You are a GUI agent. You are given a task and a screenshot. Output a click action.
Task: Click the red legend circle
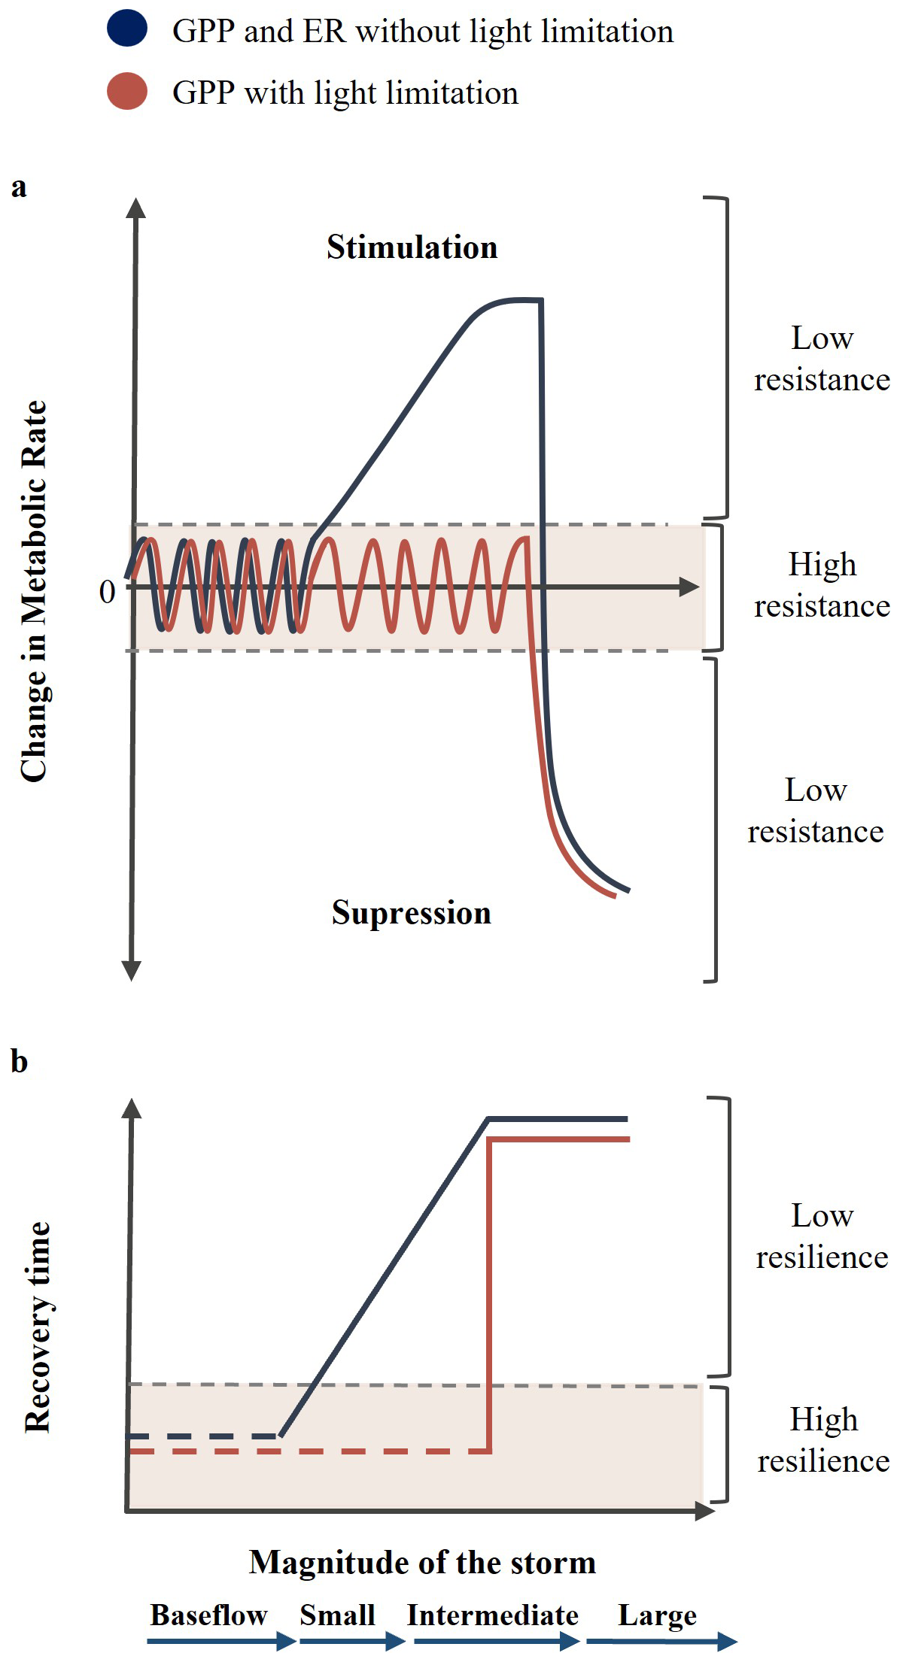click(127, 91)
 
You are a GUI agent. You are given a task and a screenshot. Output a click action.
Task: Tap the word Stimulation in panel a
click(412, 247)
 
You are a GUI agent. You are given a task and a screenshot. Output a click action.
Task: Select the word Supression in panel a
click(411, 912)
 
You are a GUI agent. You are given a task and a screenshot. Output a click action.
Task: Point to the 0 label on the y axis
click(108, 592)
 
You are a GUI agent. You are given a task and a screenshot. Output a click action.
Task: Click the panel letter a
click(19, 187)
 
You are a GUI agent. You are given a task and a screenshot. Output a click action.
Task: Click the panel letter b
click(20, 1061)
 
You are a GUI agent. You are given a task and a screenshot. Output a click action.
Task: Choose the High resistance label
click(822, 585)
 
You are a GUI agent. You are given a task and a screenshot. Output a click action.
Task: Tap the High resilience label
click(822, 1440)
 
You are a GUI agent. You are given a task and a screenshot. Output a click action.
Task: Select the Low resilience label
click(822, 1236)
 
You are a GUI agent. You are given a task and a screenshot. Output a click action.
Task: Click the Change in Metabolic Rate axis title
click(35, 591)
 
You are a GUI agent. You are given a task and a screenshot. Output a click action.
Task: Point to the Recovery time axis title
click(38, 1327)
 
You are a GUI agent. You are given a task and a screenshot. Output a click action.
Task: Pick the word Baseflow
click(208, 1615)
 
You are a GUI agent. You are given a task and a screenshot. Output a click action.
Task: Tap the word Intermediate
click(493, 1615)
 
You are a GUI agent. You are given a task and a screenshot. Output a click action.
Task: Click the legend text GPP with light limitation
click(345, 93)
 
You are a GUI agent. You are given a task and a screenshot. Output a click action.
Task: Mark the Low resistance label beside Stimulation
click(822, 359)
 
